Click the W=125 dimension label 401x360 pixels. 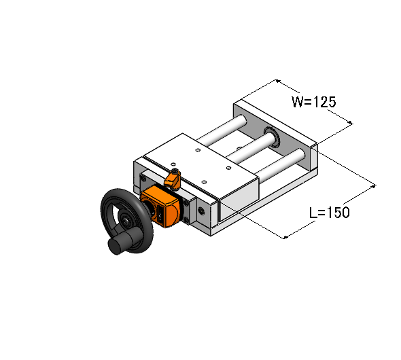coord(313,102)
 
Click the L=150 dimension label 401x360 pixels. coord(329,213)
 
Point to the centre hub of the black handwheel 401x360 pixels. coord(126,220)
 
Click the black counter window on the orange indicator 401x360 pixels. coord(160,213)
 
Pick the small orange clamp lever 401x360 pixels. coord(172,179)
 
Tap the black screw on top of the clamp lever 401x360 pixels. coord(175,171)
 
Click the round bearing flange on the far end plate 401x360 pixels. coord(272,136)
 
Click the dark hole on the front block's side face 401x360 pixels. coord(201,211)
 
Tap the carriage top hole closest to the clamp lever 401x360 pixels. coord(173,164)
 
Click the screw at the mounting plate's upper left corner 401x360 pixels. coord(143,178)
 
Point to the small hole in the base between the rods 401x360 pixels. coord(239,147)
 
